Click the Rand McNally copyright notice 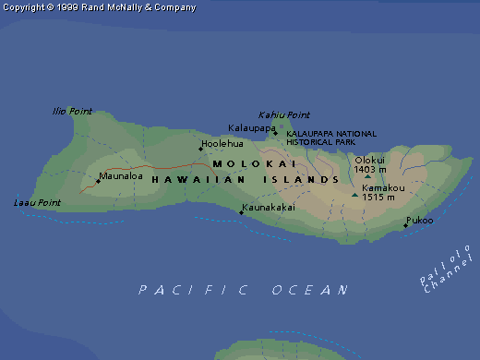pyautogui.click(x=100, y=7)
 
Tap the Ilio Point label pyautogui.click(x=72, y=112)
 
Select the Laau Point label pyautogui.click(x=37, y=202)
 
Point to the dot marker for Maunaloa pyautogui.click(x=98, y=180)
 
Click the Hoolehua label pyautogui.click(x=222, y=145)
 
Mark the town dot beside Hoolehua pyautogui.click(x=200, y=149)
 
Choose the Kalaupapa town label pyautogui.click(x=251, y=128)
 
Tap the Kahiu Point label pyautogui.click(x=283, y=114)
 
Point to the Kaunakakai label pyautogui.click(x=269, y=208)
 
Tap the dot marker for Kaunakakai pyautogui.click(x=242, y=213)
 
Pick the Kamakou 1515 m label pyautogui.click(x=378, y=192)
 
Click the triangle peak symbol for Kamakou pyautogui.click(x=354, y=195)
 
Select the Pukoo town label pyautogui.click(x=418, y=221)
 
